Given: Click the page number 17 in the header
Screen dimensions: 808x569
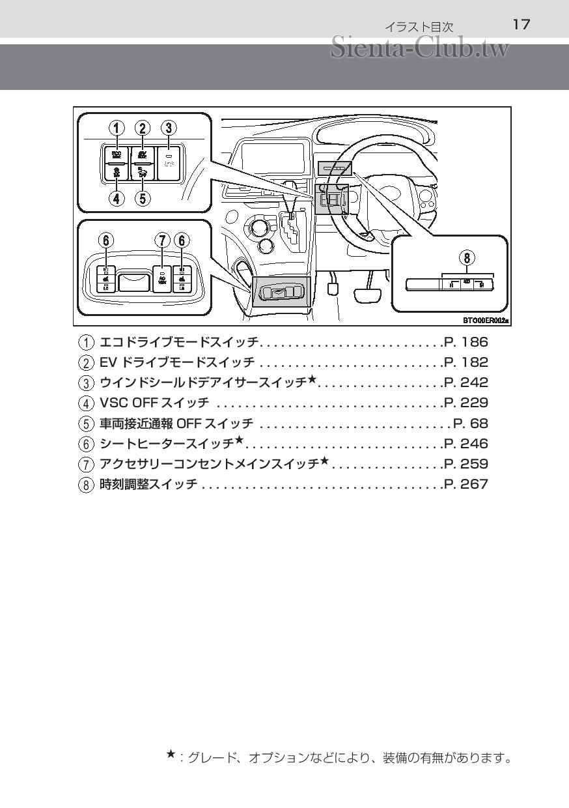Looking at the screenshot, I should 521,25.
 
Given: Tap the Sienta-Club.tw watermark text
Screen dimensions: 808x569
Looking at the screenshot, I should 419,48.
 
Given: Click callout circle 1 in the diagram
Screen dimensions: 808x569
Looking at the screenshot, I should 117,128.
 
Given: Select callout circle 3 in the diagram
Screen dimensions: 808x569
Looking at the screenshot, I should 169,128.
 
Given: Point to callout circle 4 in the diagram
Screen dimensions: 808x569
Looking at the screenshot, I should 117,198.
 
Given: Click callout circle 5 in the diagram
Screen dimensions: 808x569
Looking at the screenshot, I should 143,198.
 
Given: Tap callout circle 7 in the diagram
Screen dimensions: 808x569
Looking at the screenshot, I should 162,240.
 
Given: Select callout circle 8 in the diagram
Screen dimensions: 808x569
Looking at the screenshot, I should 467,257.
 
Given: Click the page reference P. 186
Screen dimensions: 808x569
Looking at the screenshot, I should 465,342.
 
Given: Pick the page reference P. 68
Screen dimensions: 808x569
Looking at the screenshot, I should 470,424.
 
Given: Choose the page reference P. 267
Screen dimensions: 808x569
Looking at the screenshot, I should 465,484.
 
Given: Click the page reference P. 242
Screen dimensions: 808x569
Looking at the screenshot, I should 465,382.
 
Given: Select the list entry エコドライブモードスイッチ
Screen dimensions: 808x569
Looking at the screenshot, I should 179,342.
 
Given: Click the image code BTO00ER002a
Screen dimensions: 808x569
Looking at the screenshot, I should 486,320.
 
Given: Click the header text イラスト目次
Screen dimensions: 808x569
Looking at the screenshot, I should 419,27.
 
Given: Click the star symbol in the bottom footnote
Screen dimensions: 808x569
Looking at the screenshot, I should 171,754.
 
